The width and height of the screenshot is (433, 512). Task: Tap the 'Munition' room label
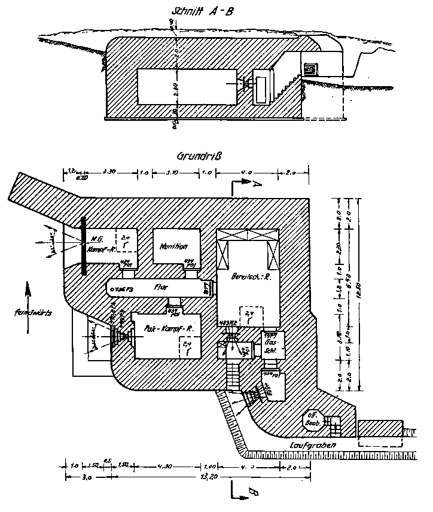pos(175,246)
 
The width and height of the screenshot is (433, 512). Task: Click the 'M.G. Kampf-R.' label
pos(100,243)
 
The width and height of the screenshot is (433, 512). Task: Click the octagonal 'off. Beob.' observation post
pos(313,419)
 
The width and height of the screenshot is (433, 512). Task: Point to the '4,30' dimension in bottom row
pos(164,465)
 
